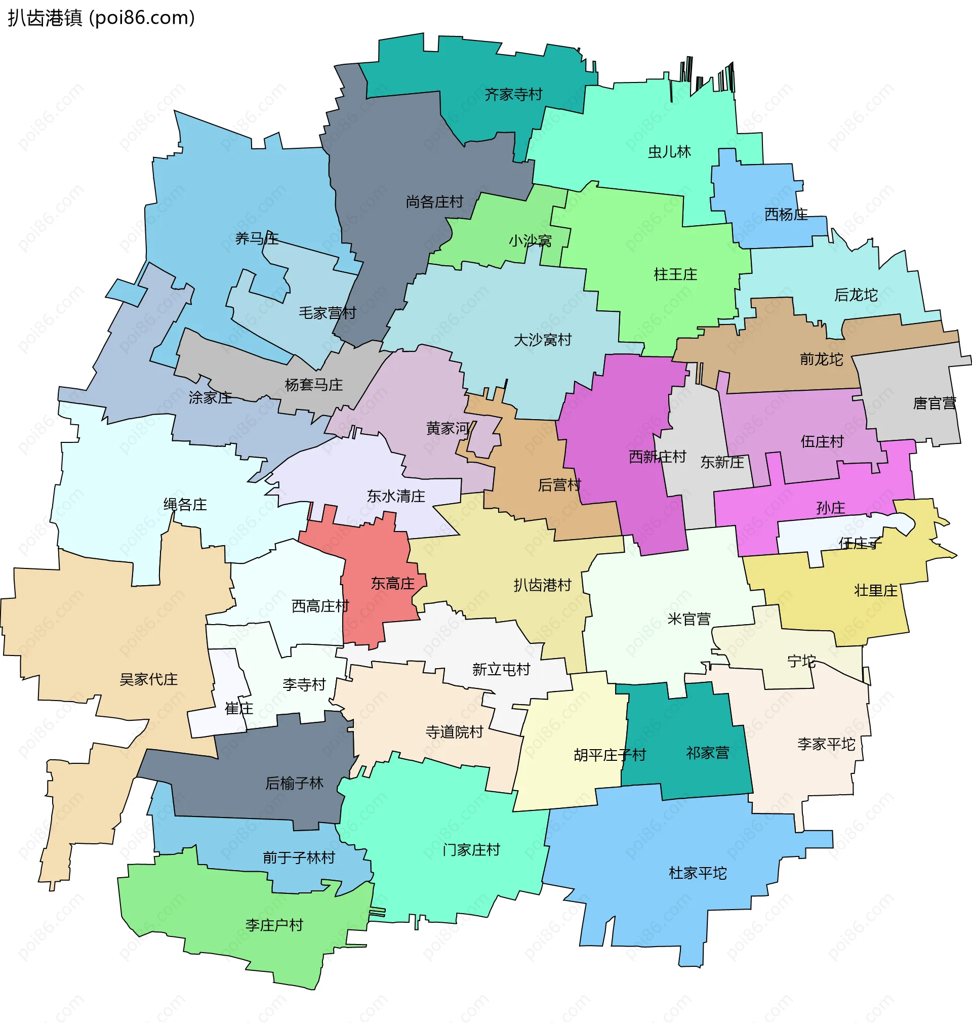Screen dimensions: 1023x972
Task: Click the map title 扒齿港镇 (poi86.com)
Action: (102, 18)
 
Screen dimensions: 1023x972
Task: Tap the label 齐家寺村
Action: (513, 94)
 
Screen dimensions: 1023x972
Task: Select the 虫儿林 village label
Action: (669, 152)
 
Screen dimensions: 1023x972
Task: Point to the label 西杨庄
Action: (786, 214)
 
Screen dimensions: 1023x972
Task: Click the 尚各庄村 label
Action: (434, 201)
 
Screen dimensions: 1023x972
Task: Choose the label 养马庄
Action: (257, 238)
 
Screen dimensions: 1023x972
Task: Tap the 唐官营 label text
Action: (934, 403)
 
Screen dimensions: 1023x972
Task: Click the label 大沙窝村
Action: (542, 340)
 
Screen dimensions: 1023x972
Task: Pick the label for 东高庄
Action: (392, 583)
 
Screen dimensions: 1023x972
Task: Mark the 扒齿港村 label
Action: (542, 585)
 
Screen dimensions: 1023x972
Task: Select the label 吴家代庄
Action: (148, 679)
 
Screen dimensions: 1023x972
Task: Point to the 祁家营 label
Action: (707, 753)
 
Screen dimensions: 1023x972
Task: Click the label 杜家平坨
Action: (698, 873)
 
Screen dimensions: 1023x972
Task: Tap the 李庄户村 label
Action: (273, 925)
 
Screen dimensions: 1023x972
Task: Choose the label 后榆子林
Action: (294, 783)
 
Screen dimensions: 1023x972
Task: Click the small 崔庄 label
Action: (239, 708)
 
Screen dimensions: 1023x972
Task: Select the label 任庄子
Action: (860, 543)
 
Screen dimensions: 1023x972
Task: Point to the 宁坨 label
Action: (801, 661)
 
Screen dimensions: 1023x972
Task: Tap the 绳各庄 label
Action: (185, 504)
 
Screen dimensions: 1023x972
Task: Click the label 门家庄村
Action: (471, 849)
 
